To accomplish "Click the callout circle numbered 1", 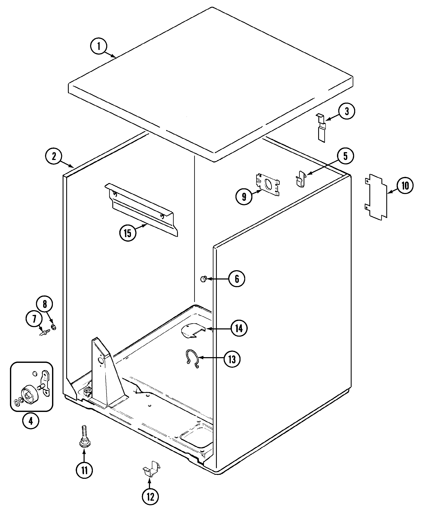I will (x=98, y=46).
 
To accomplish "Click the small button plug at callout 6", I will (x=203, y=278).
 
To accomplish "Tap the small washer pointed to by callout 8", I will (x=53, y=327).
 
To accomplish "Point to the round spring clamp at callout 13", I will (x=193, y=359).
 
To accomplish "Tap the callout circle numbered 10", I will (x=405, y=186).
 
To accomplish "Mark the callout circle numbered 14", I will (x=239, y=328).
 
